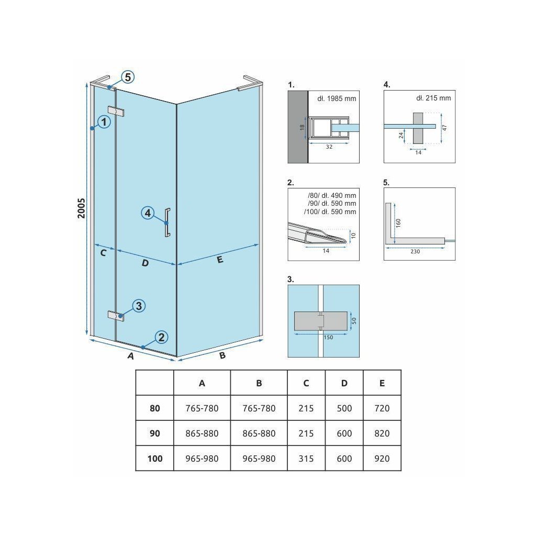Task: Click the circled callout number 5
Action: click(x=127, y=77)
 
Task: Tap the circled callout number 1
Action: click(x=104, y=122)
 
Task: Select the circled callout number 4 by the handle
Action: click(x=148, y=213)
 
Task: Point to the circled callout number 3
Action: click(x=138, y=306)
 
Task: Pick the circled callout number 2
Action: click(x=161, y=337)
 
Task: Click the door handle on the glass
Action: click(x=167, y=222)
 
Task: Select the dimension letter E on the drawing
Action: click(x=219, y=259)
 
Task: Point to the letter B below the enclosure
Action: click(x=222, y=356)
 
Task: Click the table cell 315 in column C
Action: click(x=306, y=459)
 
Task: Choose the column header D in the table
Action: click(x=344, y=383)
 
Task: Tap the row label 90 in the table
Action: click(x=155, y=433)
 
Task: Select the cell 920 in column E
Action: click(x=382, y=459)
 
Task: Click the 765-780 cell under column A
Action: click(x=202, y=408)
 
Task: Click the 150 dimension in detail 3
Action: click(x=328, y=338)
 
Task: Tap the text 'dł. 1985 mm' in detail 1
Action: click(x=332, y=99)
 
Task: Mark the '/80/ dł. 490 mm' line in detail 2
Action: click(x=332, y=195)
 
